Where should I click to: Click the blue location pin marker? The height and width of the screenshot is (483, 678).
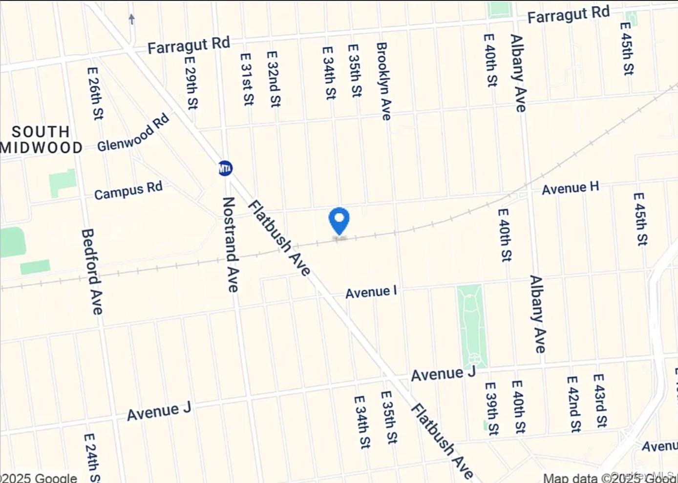[339, 221]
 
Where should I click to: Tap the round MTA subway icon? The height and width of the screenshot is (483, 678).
[225, 168]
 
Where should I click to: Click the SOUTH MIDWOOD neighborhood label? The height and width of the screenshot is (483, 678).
[42, 140]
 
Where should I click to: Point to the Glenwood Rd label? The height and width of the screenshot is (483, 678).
[133, 132]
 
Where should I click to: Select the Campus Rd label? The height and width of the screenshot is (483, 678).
[128, 191]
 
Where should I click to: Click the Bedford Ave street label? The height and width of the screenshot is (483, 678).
[92, 272]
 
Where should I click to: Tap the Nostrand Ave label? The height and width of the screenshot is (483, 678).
[230, 244]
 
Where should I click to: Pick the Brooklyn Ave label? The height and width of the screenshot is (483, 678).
[383, 81]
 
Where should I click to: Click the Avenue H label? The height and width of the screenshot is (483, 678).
[570, 188]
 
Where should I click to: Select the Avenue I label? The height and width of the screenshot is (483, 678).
[371, 292]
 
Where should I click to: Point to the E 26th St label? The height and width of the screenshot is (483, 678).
[95, 93]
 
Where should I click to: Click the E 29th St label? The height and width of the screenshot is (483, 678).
[191, 82]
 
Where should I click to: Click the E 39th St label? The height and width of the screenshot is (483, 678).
[492, 408]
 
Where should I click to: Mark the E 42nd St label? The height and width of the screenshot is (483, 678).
[573, 404]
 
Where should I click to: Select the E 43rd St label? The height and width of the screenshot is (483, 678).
[600, 401]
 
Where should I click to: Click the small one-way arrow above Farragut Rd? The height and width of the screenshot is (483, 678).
[131, 19]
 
